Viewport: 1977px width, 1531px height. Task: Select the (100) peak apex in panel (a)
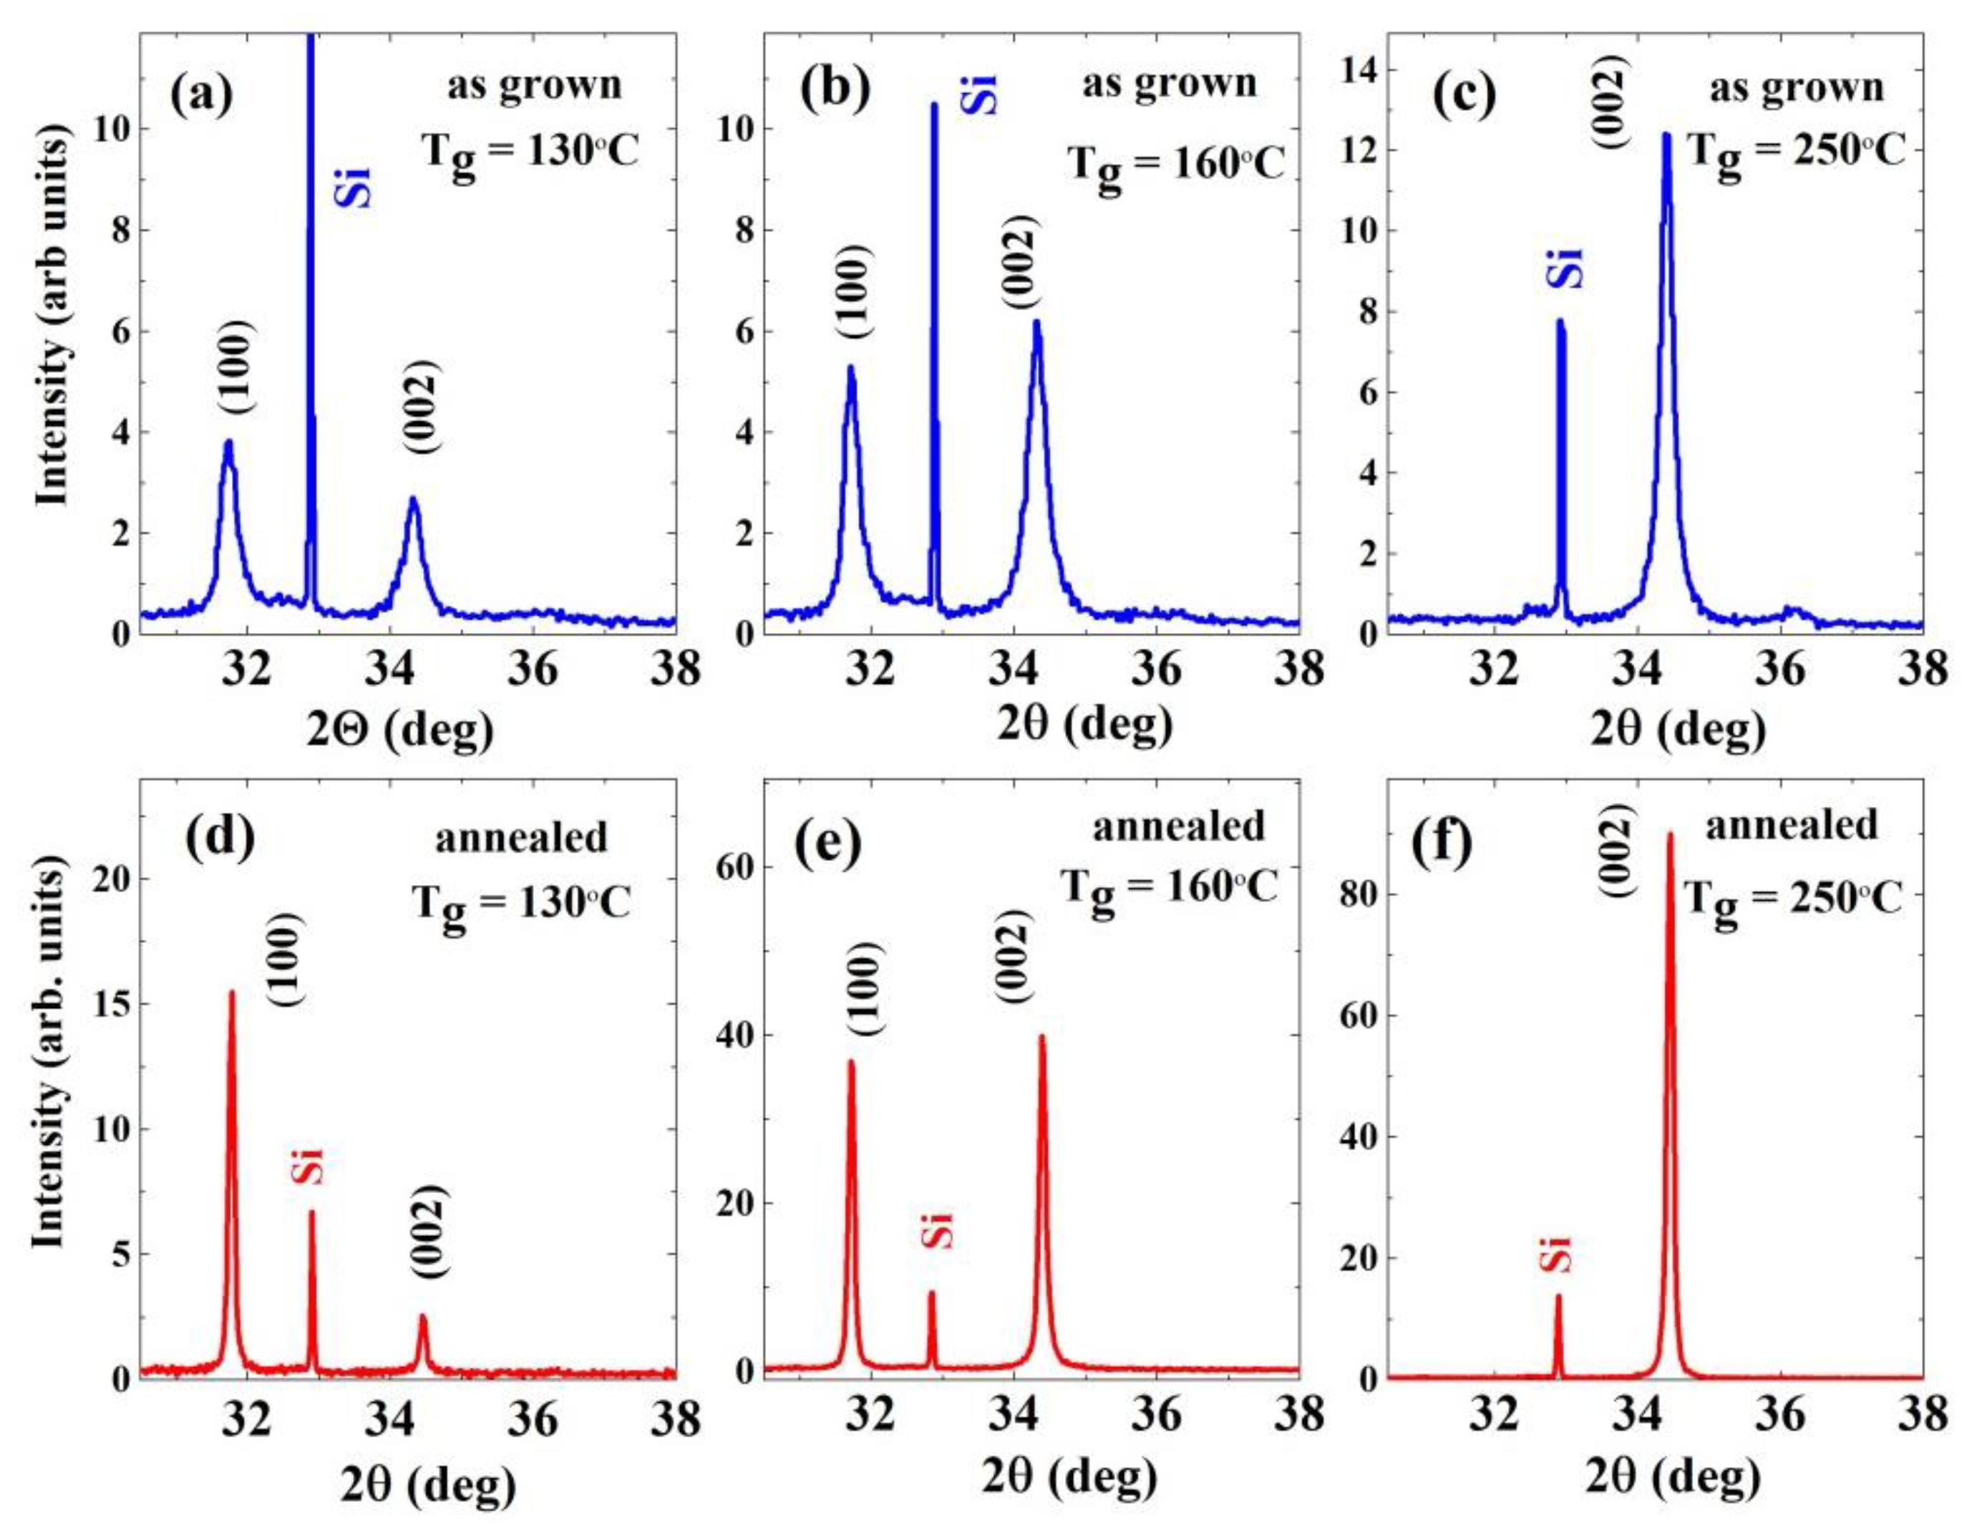click(228, 443)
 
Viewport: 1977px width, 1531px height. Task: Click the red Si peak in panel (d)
click(311, 1213)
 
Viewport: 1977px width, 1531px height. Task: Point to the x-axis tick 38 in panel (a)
click(674, 671)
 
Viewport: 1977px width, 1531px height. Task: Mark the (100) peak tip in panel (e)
click(851, 1062)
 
